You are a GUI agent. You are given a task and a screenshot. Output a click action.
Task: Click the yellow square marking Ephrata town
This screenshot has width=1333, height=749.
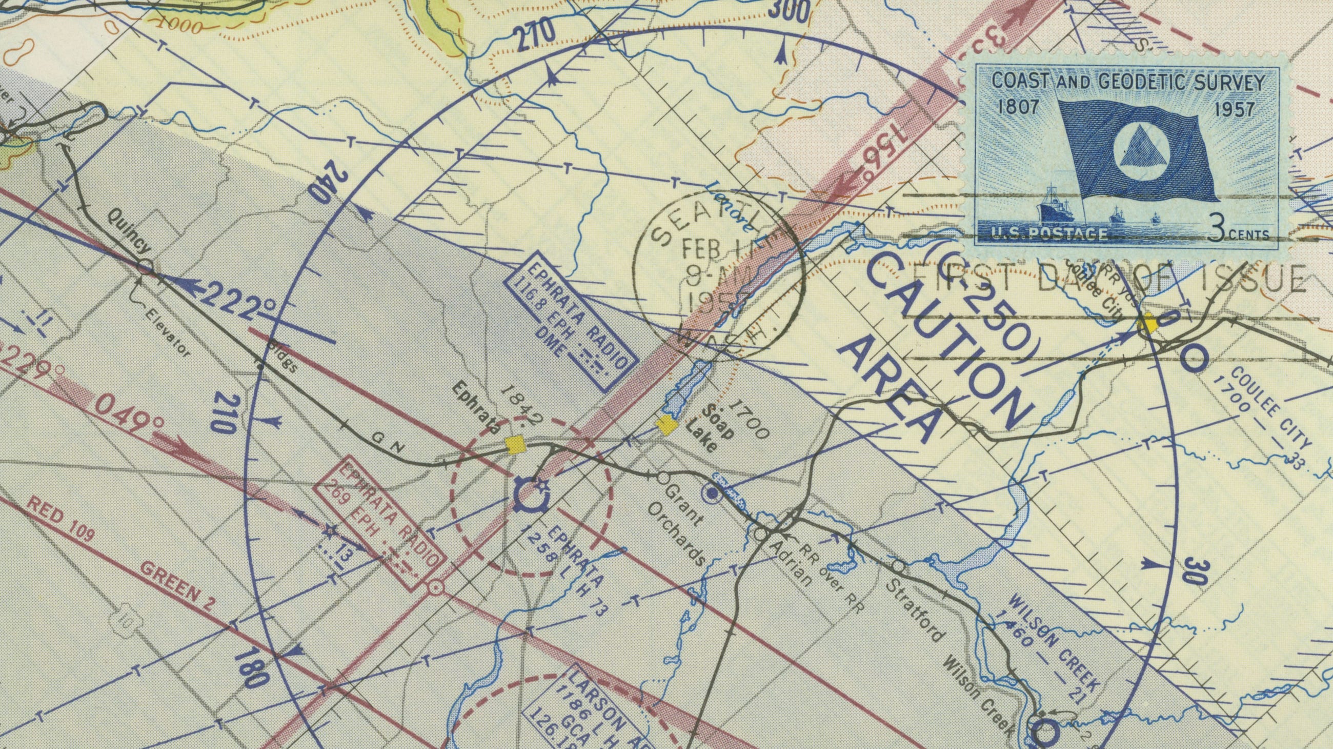[x=515, y=444]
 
